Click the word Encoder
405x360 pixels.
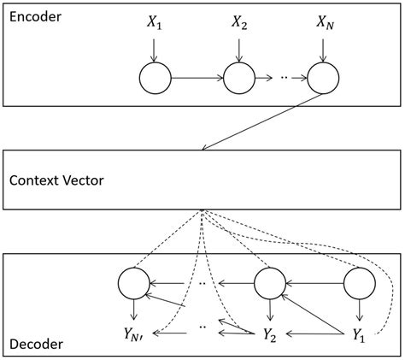(x=36, y=15)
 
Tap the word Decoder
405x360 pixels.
(x=37, y=345)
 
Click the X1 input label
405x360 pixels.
(x=154, y=23)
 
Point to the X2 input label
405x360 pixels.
(x=239, y=23)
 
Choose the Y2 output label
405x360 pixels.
(x=268, y=334)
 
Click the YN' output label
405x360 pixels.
(x=134, y=334)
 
